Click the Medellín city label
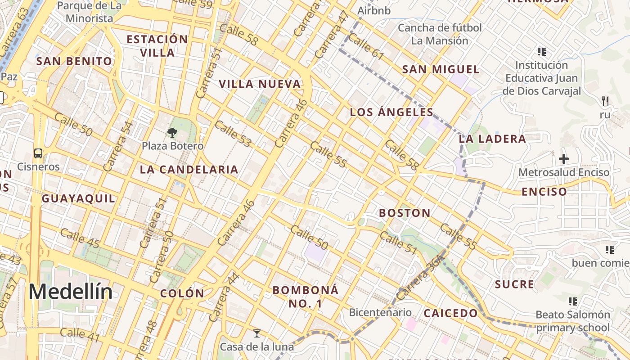[71, 292]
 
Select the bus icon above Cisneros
[38, 153]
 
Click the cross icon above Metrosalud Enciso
[563, 159]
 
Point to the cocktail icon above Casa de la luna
[257, 333]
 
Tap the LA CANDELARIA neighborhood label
[189, 170]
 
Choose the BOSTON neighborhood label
[405, 213]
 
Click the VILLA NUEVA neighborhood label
[260, 84]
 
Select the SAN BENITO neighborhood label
[74, 61]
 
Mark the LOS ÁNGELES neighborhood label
[391, 112]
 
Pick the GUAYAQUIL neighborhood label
[78, 198]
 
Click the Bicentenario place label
[380, 312]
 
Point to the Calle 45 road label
[80, 237]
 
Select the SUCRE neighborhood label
[514, 284]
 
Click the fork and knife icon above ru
[605, 101]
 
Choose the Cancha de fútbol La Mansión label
[440, 34]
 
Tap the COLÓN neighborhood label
[182, 293]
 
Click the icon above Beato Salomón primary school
[572, 301]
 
